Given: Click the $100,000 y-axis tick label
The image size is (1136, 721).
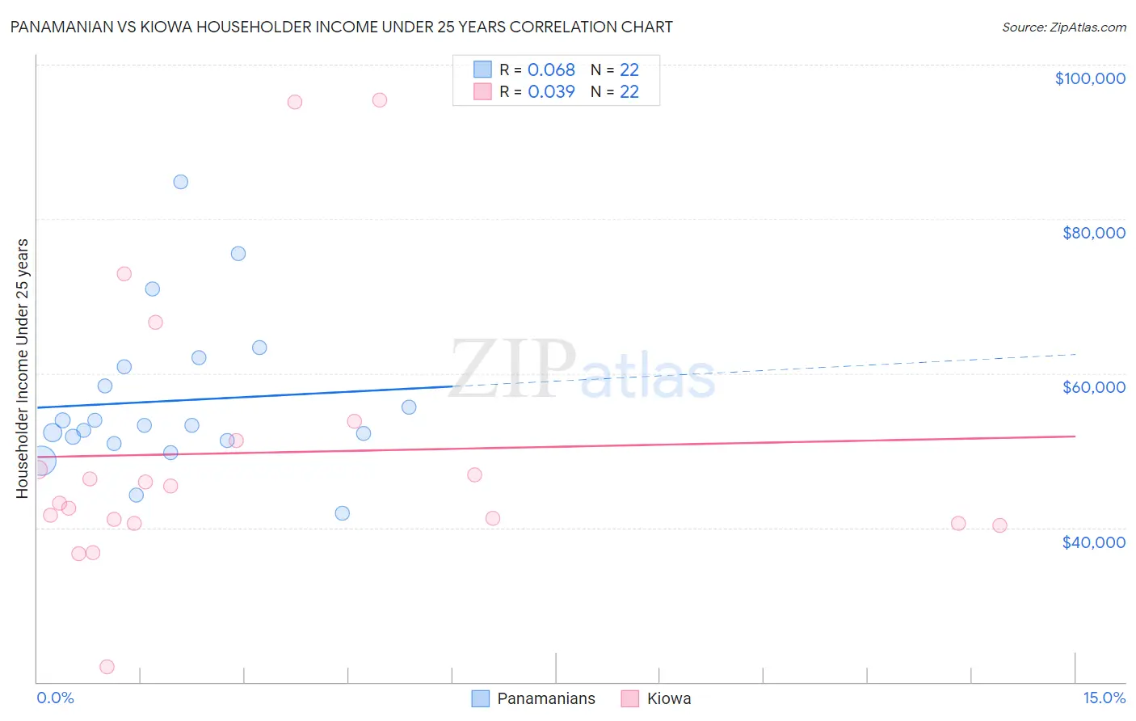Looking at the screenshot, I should [x=1090, y=78].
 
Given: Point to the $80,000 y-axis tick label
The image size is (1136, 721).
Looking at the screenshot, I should [x=1093, y=233].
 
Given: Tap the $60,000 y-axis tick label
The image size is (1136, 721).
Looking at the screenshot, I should [x=1093, y=387].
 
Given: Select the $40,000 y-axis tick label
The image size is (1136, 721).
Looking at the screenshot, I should [x=1093, y=542].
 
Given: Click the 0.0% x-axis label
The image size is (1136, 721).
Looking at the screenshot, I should [x=55, y=698].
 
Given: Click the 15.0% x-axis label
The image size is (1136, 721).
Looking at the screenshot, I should [x=1104, y=698].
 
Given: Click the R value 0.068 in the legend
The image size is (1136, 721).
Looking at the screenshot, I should [x=551, y=70].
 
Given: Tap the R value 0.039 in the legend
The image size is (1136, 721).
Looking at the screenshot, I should [x=551, y=92].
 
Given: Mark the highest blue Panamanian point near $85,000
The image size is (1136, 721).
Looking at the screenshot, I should [x=181, y=182].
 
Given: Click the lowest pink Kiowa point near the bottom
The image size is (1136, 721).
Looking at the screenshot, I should [x=107, y=667].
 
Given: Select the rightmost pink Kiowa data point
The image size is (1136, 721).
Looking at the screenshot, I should [x=999, y=525].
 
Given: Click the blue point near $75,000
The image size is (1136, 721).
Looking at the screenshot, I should [x=238, y=254].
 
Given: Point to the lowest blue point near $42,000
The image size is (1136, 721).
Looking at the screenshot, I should [x=343, y=513].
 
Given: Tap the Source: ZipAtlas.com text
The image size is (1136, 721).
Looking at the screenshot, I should [x=1063, y=27].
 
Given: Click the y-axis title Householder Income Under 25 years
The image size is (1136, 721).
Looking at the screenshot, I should [x=22, y=368].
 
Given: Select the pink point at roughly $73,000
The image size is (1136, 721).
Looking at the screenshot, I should [x=124, y=274].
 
